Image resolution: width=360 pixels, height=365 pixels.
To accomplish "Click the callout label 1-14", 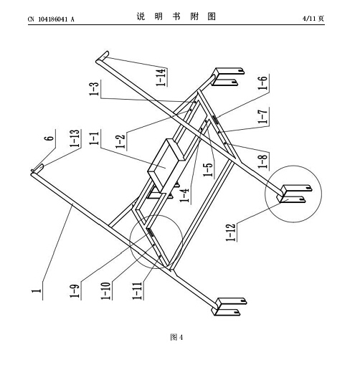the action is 161,77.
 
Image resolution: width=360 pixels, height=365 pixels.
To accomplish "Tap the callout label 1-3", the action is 95,89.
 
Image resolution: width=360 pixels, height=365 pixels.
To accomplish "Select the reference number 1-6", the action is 262,82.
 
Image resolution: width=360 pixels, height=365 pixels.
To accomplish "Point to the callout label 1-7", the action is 263,116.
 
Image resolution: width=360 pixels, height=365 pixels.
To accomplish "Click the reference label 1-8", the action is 262,161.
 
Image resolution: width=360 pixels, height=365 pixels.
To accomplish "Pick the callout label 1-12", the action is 231,232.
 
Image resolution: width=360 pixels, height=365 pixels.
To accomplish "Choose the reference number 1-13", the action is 75,138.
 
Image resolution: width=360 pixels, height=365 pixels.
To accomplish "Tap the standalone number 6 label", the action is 49,138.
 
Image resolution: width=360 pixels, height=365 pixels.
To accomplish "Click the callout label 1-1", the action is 95,138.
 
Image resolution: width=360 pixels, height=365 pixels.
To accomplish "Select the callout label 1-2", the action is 120,141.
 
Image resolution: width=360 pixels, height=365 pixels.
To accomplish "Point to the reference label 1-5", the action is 208,170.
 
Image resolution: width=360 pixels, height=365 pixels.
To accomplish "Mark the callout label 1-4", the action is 184,195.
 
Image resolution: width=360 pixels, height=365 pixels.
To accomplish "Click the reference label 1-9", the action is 75,290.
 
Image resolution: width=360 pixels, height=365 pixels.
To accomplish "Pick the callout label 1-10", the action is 106,290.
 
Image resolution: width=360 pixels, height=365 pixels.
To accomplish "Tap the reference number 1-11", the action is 138,290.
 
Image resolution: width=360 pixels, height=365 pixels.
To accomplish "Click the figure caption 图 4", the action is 176,337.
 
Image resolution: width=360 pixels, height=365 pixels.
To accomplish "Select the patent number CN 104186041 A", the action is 51,19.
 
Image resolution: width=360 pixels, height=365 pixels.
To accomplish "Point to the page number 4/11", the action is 310,19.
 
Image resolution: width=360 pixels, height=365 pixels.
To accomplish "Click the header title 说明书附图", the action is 176,16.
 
